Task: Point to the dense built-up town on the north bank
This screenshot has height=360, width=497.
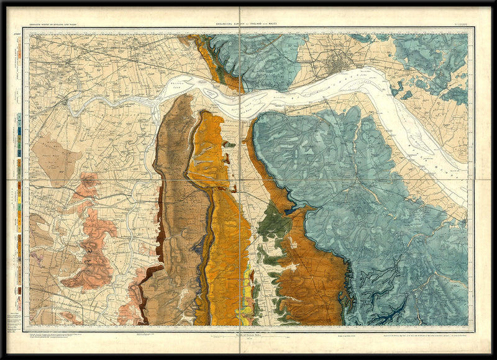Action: [x=340, y=61]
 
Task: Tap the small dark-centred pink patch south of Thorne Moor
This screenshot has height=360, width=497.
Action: [x=89, y=181]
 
